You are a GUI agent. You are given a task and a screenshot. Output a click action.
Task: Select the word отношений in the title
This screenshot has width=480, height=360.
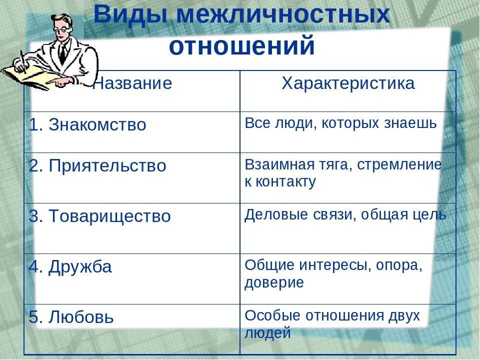(x=242, y=46)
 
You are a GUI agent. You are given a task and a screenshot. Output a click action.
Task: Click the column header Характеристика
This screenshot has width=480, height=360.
(x=348, y=83)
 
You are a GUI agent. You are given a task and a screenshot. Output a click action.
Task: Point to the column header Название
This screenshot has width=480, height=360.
(x=133, y=83)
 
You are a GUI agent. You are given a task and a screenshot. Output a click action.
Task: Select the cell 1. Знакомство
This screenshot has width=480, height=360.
(x=88, y=125)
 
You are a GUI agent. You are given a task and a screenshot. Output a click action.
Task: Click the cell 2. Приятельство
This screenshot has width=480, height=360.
(x=97, y=166)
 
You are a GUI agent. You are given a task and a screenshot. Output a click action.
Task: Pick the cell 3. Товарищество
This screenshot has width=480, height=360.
(x=100, y=216)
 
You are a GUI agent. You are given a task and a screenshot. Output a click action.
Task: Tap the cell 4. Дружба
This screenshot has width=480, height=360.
(x=70, y=267)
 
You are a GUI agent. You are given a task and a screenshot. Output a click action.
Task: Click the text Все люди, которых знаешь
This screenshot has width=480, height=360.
(x=340, y=123)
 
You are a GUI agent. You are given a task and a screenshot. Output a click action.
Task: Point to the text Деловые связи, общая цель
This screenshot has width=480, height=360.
(x=345, y=214)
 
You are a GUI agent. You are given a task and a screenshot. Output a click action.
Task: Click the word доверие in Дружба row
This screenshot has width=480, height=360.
(x=274, y=283)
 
